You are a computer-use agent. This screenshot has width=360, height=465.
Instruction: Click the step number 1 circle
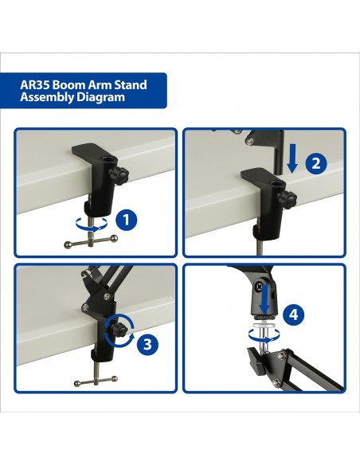coord(125,218)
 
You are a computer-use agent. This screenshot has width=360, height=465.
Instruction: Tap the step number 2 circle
coord(315,165)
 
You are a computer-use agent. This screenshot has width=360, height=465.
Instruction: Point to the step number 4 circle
coord(294,315)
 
